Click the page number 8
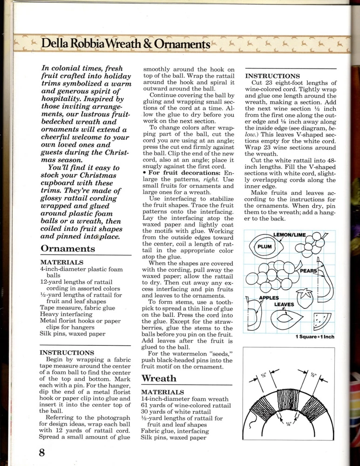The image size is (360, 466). pos(42,452)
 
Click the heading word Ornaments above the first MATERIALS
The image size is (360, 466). pos(68,248)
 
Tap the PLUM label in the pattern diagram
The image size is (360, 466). pos(265,247)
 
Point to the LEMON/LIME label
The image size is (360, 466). pos(289,235)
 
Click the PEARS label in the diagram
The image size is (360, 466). pos(308,271)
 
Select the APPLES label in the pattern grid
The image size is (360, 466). pos(269,298)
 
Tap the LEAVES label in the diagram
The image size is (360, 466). pos(284,305)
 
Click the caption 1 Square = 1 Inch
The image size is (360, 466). pos(315,337)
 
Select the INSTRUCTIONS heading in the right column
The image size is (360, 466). pos(272,76)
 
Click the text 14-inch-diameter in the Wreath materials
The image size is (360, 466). pos(163,399)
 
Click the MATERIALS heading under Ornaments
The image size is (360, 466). pos(61,262)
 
